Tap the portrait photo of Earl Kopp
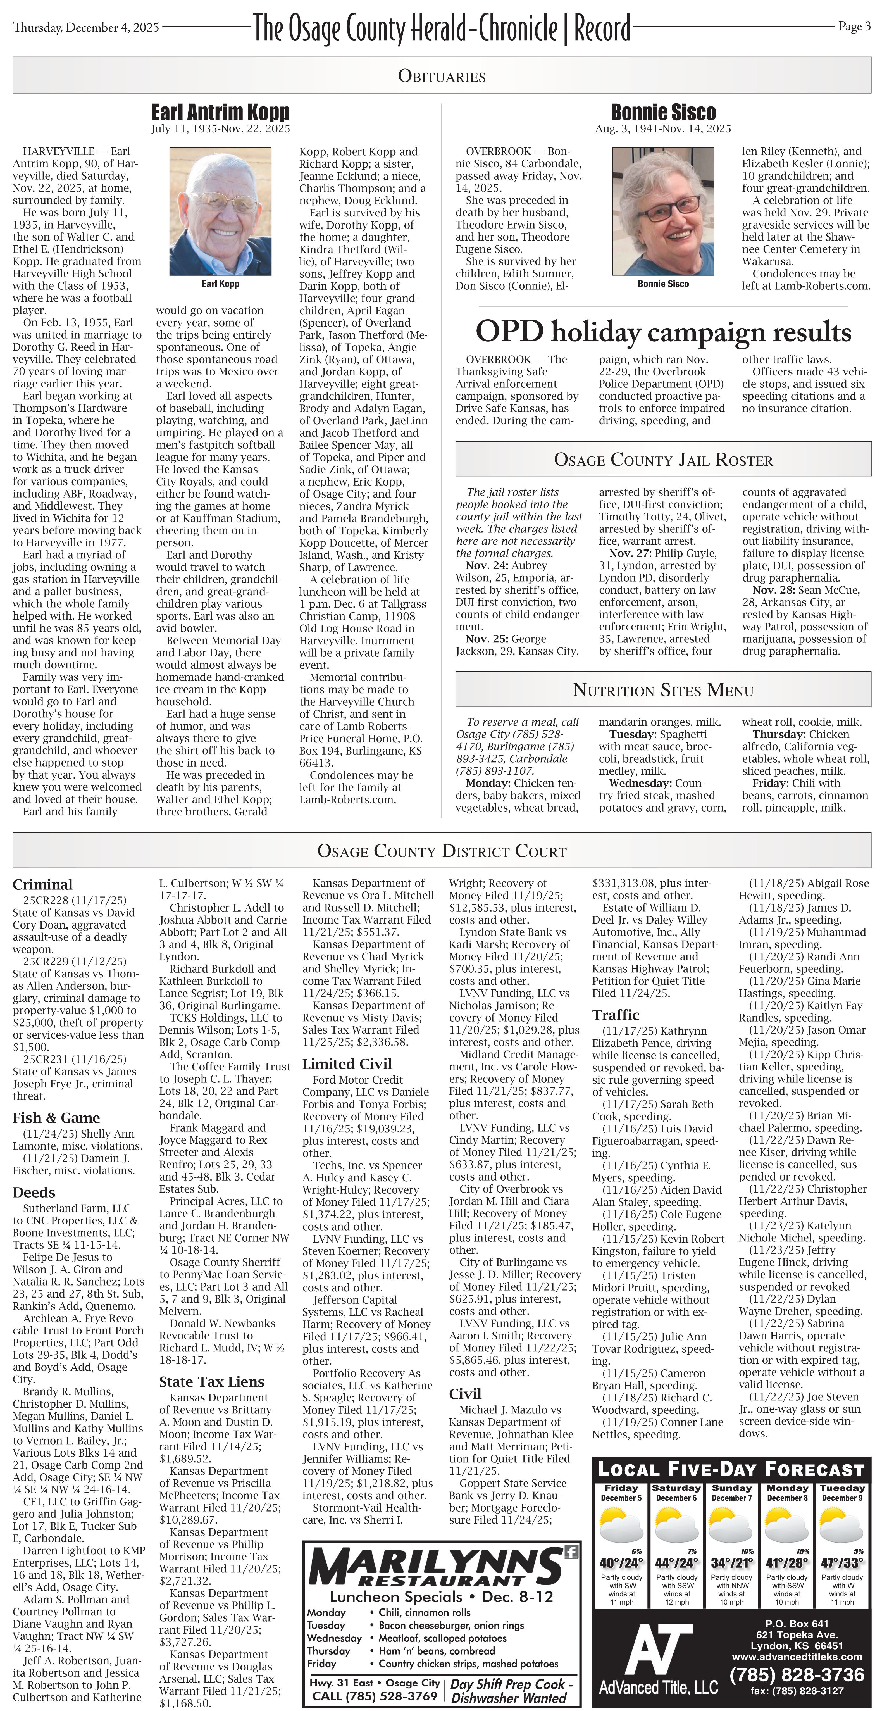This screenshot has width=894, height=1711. (220, 211)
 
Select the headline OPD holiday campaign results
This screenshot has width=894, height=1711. (663, 331)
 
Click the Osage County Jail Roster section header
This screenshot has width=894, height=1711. (663, 460)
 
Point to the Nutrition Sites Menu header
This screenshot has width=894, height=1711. (663, 690)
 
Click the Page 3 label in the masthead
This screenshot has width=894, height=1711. (854, 27)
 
